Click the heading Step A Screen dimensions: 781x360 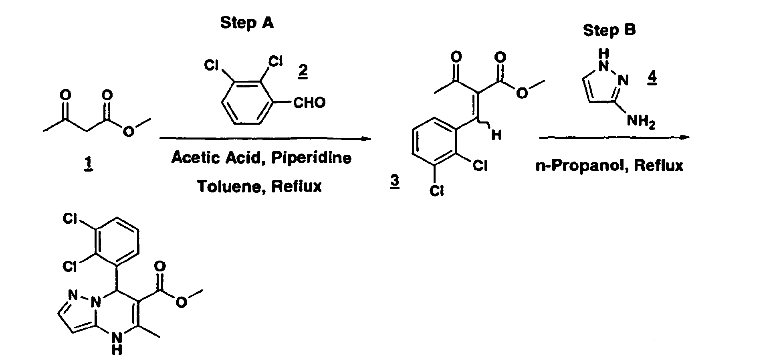click(247, 23)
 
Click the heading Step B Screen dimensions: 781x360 click(609, 30)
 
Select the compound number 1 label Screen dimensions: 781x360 click(88, 164)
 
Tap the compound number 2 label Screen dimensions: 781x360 click(303, 71)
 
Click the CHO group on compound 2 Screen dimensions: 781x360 click(309, 103)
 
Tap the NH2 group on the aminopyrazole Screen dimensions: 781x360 click(641, 121)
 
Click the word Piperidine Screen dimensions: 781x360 click(311, 158)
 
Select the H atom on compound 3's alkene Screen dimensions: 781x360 click(496, 135)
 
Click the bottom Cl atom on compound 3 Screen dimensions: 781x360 click(436, 192)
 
